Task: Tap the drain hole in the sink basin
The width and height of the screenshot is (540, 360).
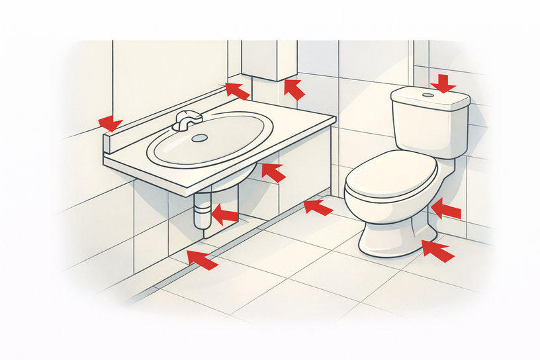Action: tap(199, 138)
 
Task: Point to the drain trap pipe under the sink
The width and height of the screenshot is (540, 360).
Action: tap(202, 212)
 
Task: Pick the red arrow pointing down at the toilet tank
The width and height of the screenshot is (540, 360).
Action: tap(443, 83)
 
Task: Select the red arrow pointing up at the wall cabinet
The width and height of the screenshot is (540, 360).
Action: tap(294, 89)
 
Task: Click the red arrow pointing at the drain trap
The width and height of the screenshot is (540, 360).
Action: tap(224, 214)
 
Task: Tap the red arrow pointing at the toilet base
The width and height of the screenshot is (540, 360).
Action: tap(438, 251)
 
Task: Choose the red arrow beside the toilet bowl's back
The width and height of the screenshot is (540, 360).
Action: tap(445, 210)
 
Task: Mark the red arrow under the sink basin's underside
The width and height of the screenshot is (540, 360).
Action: tap(273, 172)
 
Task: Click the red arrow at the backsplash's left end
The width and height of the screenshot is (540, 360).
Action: tap(110, 123)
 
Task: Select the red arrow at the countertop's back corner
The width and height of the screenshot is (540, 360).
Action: tap(237, 91)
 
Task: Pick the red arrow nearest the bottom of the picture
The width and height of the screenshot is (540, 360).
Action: tap(202, 260)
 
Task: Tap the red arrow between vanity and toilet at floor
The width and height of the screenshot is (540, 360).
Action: tap(318, 208)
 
